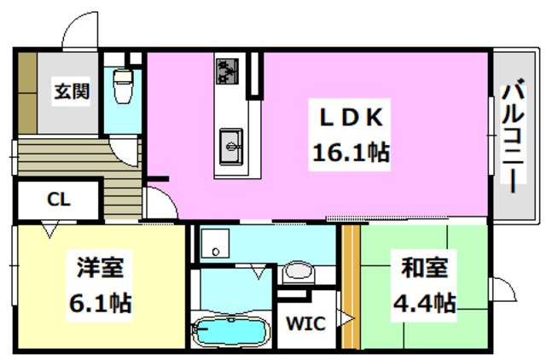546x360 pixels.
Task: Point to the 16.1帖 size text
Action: click(346, 153)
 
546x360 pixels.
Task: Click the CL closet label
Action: click(58, 200)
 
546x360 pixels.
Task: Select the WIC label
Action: click(303, 324)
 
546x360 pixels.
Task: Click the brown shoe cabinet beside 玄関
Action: click(26, 92)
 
